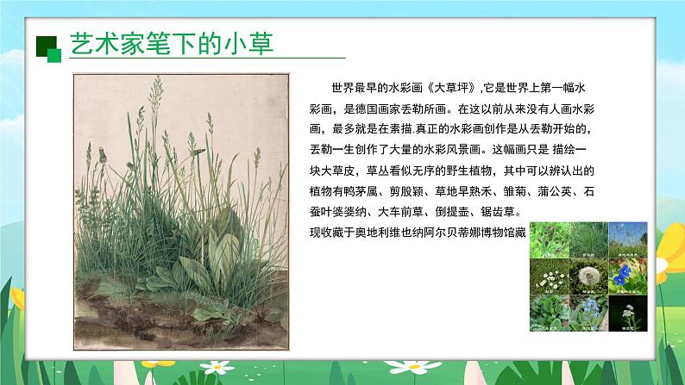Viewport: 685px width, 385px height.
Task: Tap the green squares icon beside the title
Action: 49,48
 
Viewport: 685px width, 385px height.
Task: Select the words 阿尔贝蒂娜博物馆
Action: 486,232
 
